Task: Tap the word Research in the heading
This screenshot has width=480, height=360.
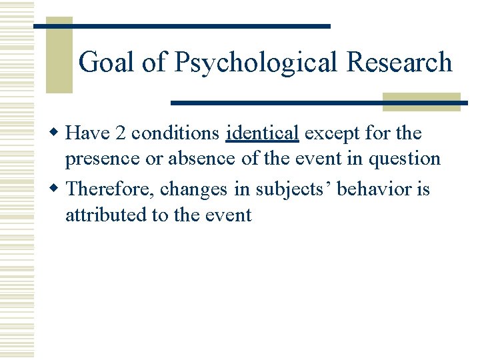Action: tap(399, 63)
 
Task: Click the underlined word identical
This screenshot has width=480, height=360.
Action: tap(262, 133)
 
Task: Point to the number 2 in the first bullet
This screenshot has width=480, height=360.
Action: tap(120, 133)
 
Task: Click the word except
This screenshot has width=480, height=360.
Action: tap(331, 133)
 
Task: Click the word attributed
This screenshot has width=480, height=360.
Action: tap(102, 215)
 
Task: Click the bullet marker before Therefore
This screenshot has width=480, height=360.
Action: tap(58, 189)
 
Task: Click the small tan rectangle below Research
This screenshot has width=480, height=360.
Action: tap(421, 101)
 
